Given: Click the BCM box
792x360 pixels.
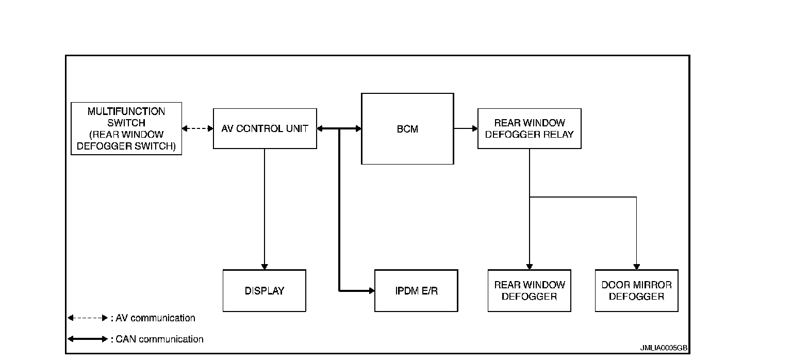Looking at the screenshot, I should [x=407, y=129].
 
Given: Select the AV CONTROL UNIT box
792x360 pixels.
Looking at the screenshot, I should [x=265, y=128].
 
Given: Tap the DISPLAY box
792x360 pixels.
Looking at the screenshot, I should [x=264, y=290].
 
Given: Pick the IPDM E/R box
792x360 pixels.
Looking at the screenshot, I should [x=416, y=290].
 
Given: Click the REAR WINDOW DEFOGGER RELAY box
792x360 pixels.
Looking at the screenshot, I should [x=529, y=128].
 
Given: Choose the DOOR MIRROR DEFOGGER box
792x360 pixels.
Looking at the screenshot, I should [x=636, y=290].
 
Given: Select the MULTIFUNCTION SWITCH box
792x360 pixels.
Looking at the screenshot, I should [x=126, y=128].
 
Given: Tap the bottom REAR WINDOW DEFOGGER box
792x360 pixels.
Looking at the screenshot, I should [x=529, y=290].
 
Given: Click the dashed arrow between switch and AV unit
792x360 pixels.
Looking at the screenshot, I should [x=197, y=128].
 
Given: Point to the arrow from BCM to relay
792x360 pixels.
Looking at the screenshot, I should [x=466, y=128].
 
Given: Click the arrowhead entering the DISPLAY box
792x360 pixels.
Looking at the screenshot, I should [x=265, y=266].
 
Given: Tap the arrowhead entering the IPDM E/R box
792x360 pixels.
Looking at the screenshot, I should [x=371, y=291].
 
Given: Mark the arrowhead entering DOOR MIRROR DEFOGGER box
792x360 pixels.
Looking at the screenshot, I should [x=636, y=266].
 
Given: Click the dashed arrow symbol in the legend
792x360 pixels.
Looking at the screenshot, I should [x=88, y=318].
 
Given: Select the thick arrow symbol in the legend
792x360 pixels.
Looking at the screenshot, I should [x=88, y=339].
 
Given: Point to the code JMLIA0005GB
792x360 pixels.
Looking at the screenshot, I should [x=664, y=348].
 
